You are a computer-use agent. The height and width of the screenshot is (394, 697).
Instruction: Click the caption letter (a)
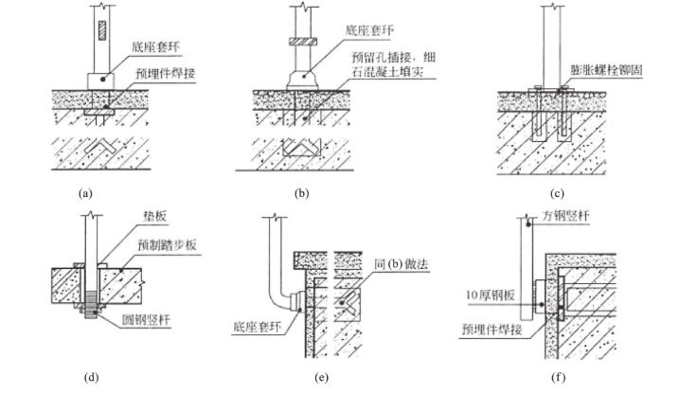[86, 193]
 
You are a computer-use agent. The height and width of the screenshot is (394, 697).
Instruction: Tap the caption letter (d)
[91, 378]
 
